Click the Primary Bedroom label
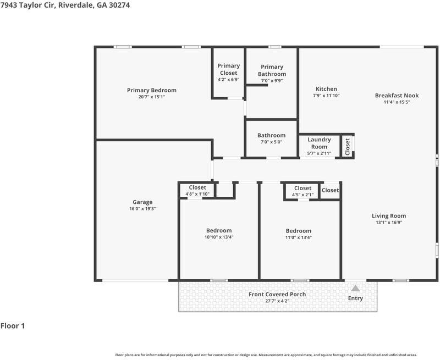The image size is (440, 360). click(152, 90)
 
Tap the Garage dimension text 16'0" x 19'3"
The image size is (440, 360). click(142, 209)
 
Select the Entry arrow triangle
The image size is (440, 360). click(355, 288)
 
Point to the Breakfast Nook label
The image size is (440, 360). click(397, 95)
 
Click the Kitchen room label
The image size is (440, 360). click(326, 89)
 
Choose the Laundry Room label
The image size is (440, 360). click(319, 143)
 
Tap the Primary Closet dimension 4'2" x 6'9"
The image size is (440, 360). click(229, 80)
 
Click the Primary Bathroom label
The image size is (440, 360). click(272, 70)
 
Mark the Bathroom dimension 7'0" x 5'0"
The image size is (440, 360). click(271, 142)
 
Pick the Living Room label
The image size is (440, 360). click(389, 216)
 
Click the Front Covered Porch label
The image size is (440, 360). click(277, 295)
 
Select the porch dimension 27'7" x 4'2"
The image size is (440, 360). click(277, 301)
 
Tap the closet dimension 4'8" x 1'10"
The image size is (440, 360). click(197, 194)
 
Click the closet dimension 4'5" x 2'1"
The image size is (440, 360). click(303, 195)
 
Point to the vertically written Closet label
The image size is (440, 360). click(348, 147)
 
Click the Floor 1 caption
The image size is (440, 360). click(13, 326)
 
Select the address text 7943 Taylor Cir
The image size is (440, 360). click(28, 5)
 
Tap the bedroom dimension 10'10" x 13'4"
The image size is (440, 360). click(219, 237)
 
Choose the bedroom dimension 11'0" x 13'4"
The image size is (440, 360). click(299, 237)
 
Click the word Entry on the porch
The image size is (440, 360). click(355, 298)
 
